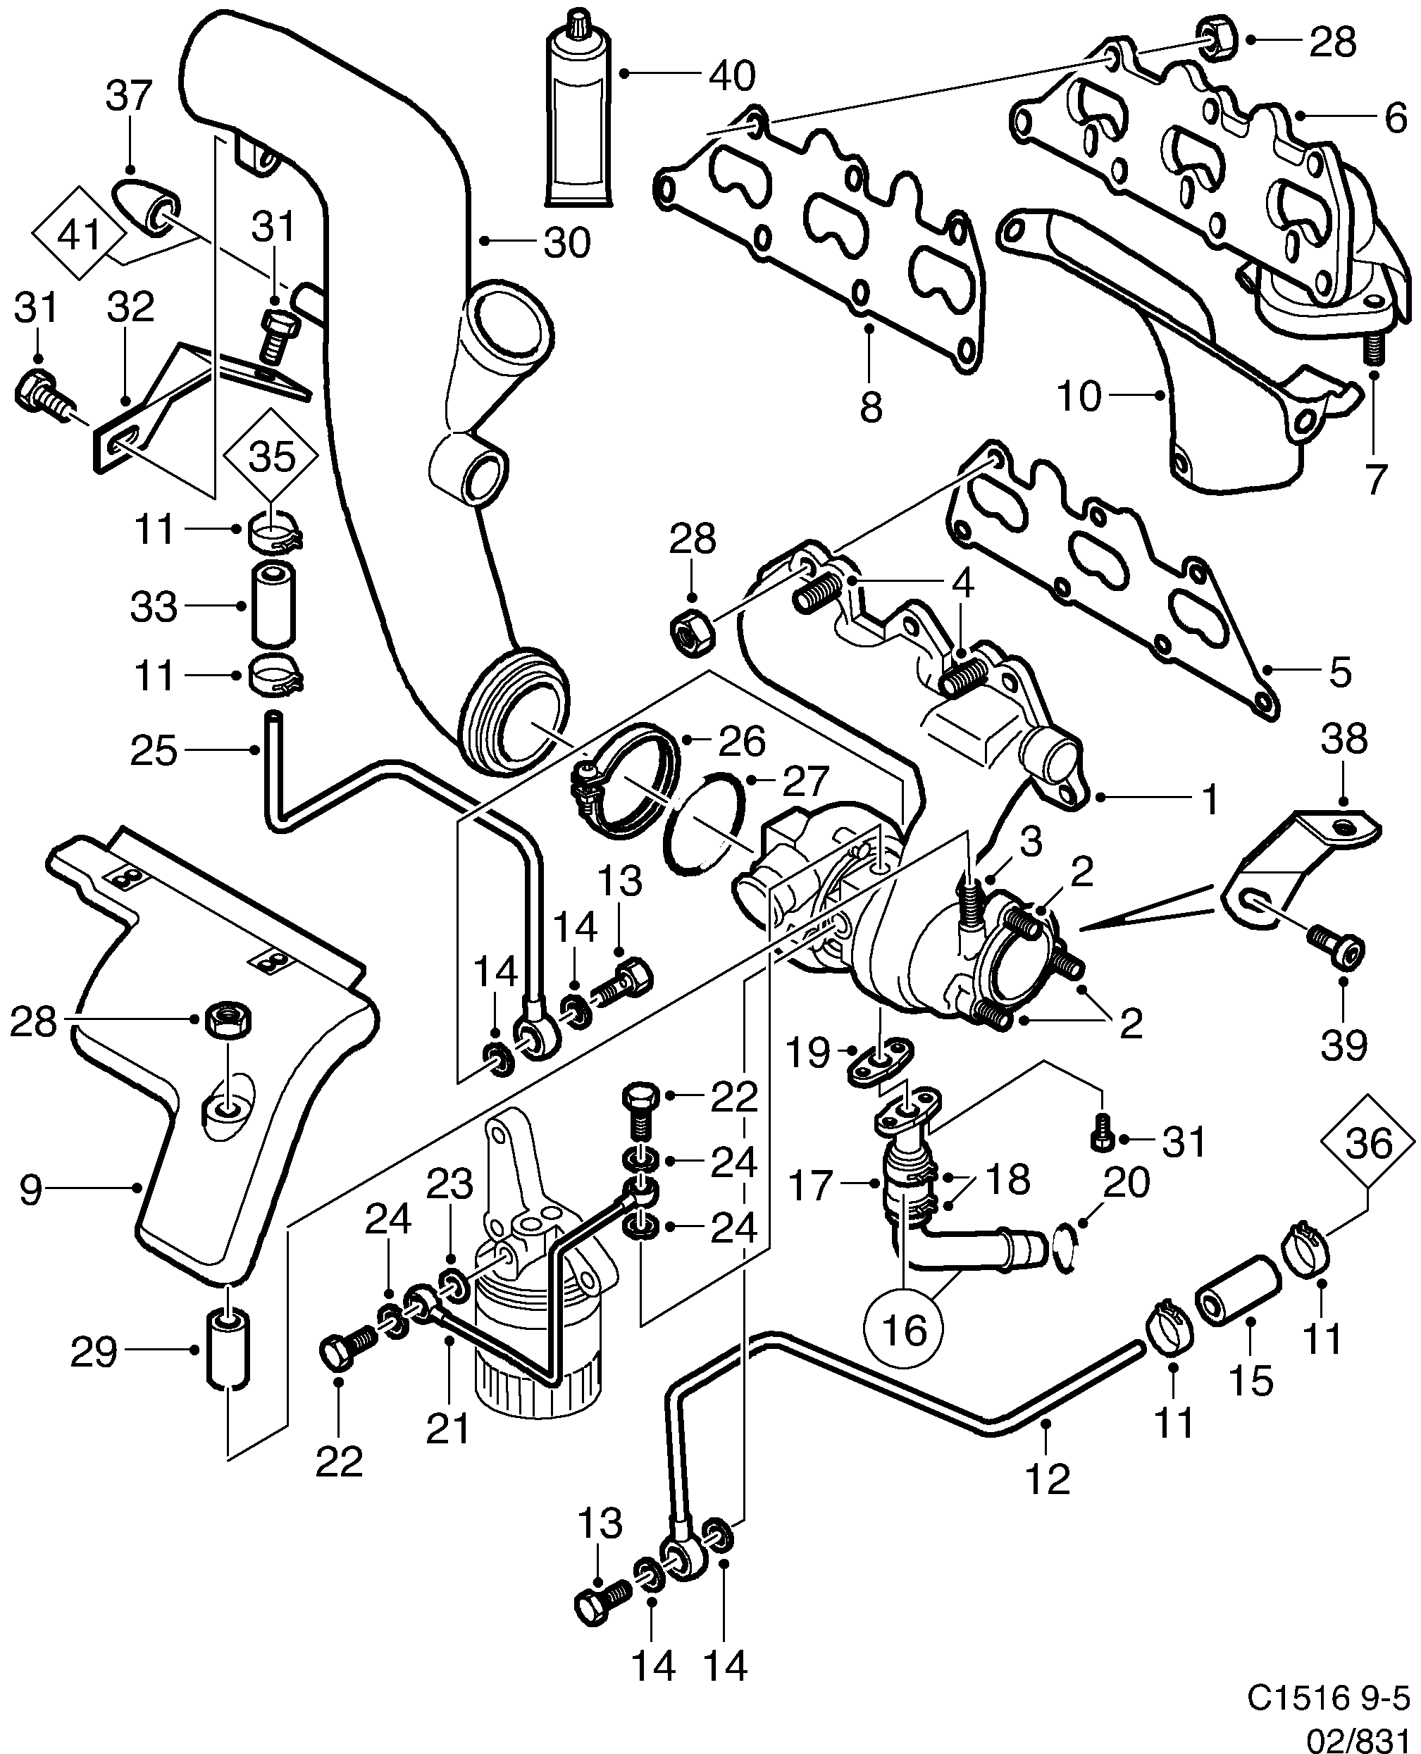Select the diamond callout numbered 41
click(80, 234)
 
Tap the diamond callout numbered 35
click(273, 456)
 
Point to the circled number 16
click(905, 1330)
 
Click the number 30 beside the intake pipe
click(567, 243)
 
